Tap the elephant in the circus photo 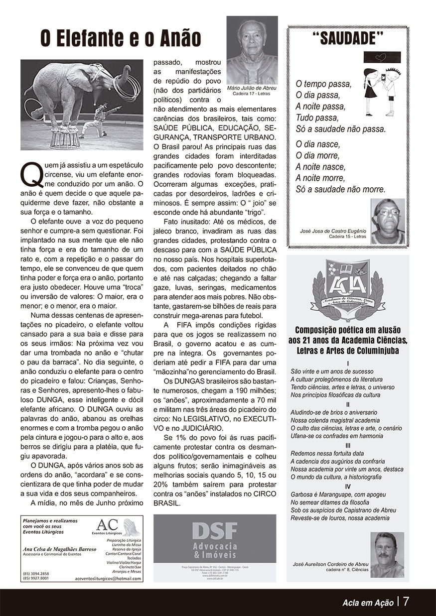click(75, 90)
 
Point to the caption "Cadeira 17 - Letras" click(252, 93)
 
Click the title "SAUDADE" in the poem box click(348, 39)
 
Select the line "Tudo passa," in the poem click(317, 118)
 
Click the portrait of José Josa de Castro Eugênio click(388, 221)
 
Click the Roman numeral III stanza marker click(348, 445)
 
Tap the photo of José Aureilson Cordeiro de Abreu click(387, 554)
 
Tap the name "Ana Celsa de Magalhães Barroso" click(59, 549)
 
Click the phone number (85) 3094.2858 click(36, 574)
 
